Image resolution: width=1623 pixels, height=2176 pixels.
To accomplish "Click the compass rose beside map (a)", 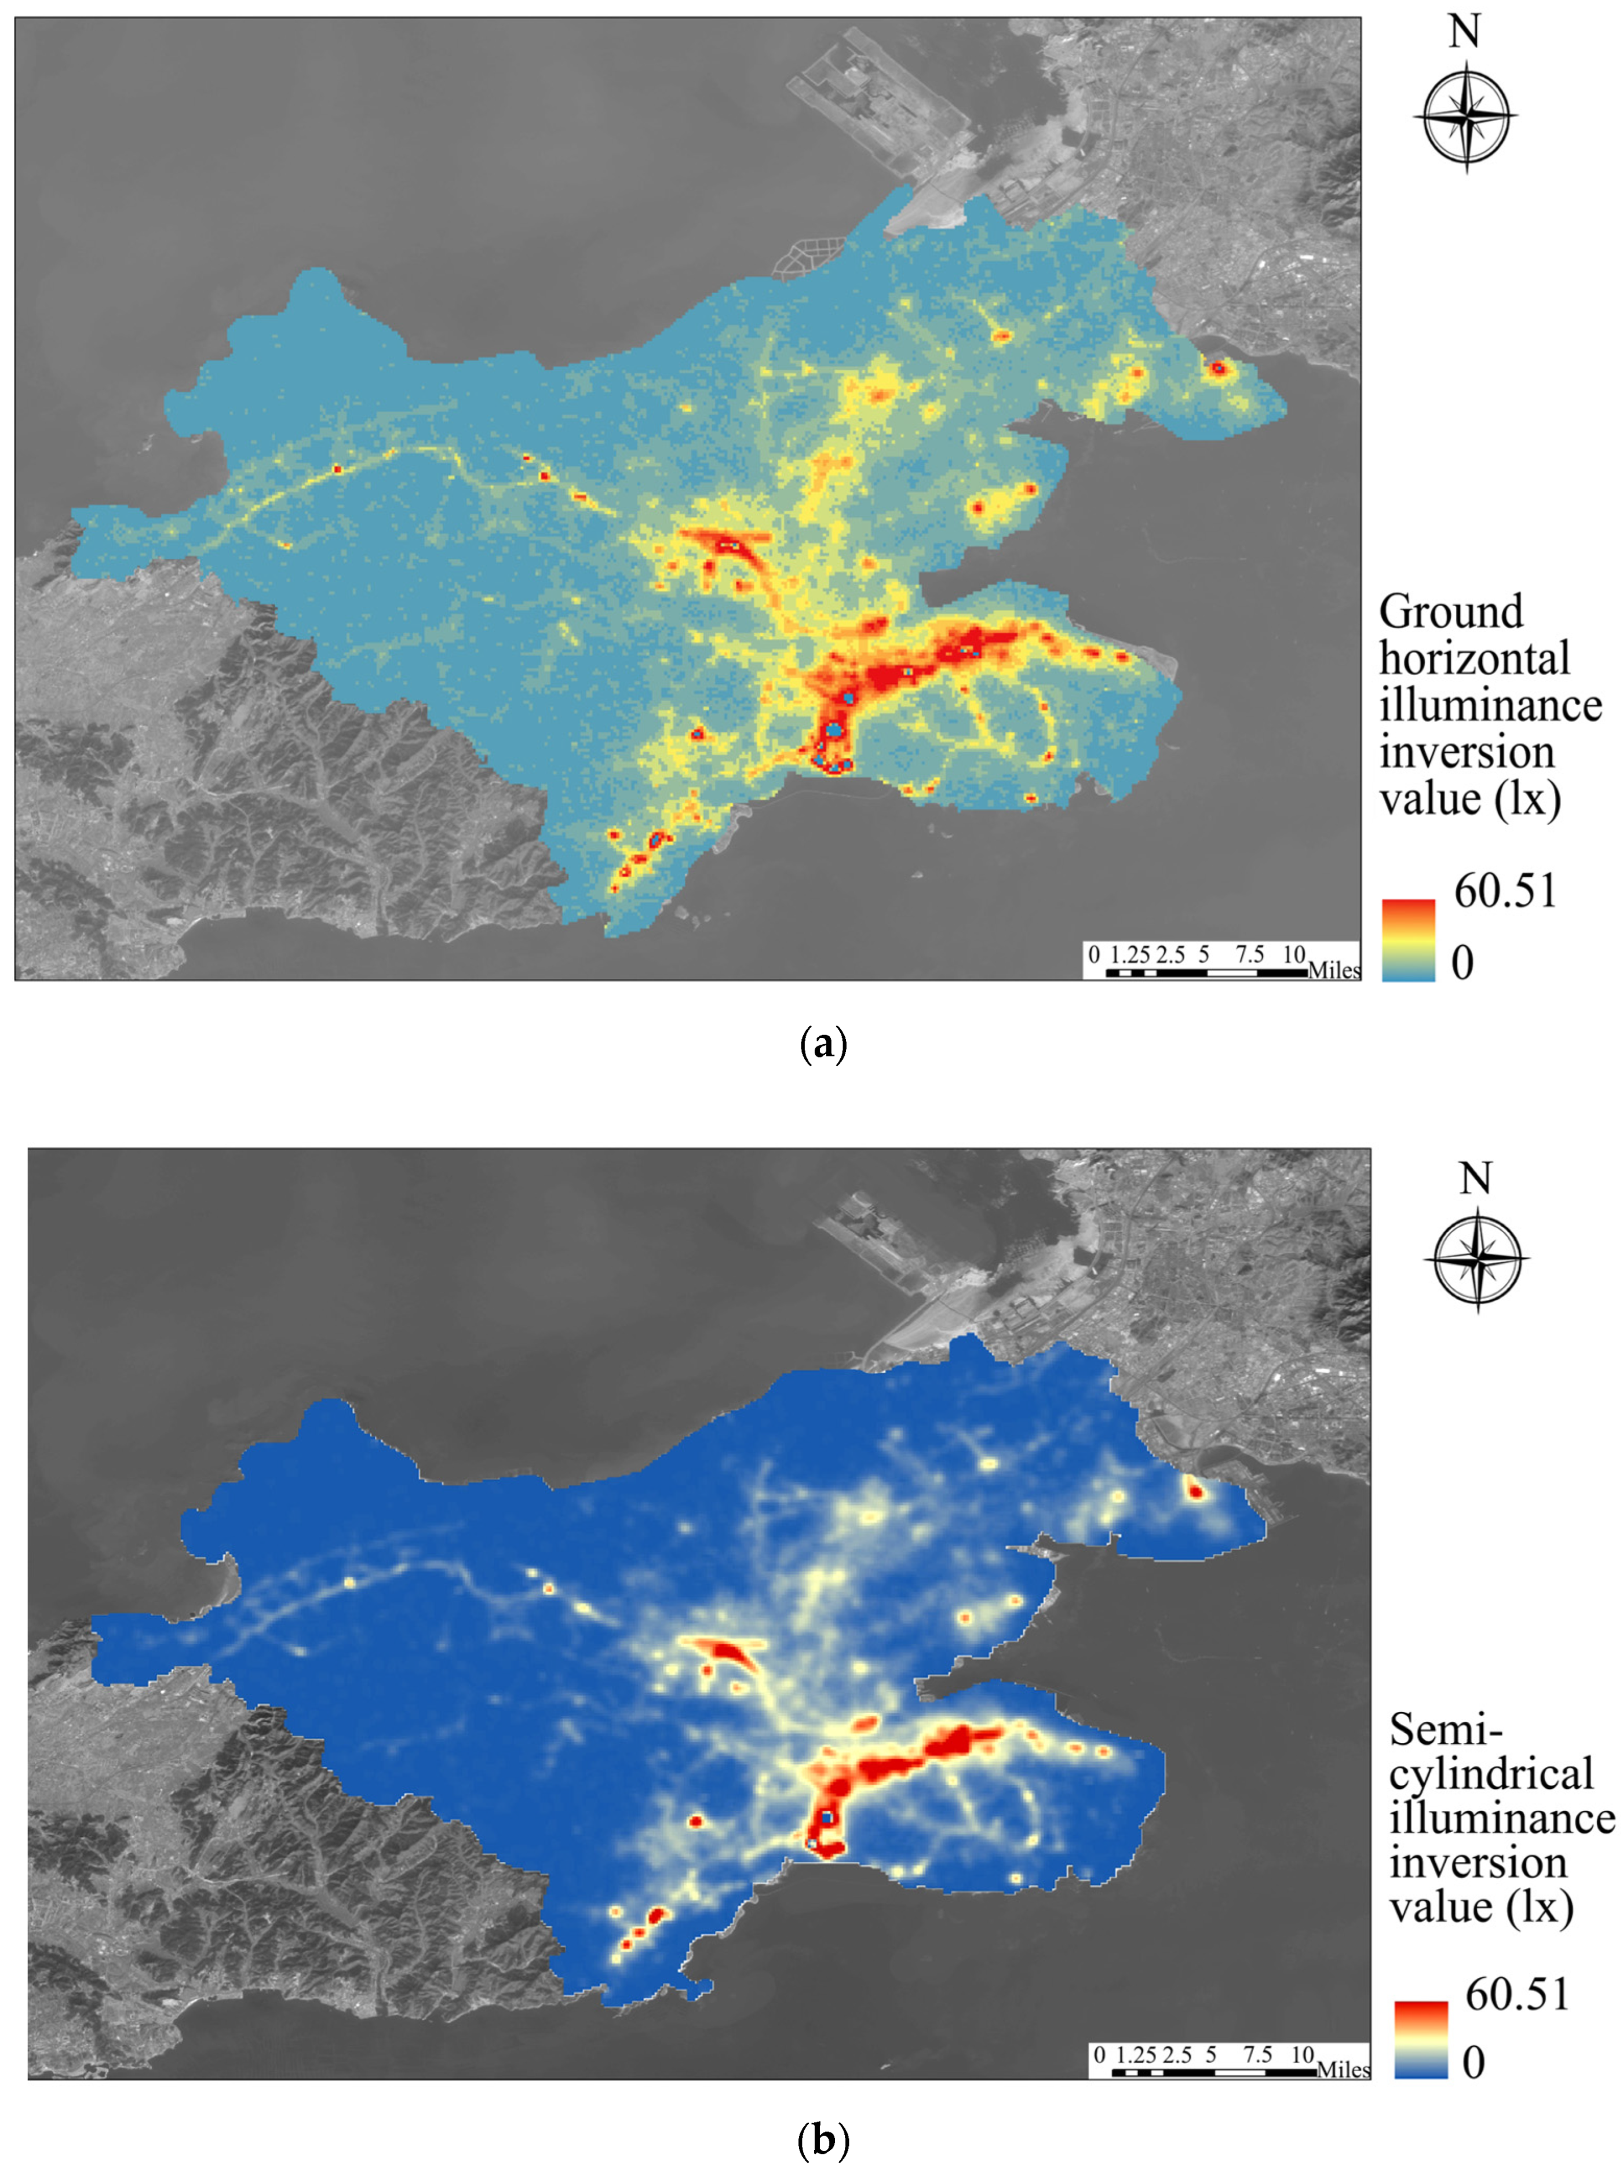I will tap(1465, 116).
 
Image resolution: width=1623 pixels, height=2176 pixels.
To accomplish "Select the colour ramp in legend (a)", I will tap(1408, 940).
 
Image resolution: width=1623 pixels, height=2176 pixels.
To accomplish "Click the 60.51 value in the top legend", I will tap(1505, 892).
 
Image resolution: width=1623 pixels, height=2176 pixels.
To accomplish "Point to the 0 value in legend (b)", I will tap(1474, 2063).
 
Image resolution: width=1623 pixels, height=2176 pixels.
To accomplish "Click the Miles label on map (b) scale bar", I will tap(1343, 2070).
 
